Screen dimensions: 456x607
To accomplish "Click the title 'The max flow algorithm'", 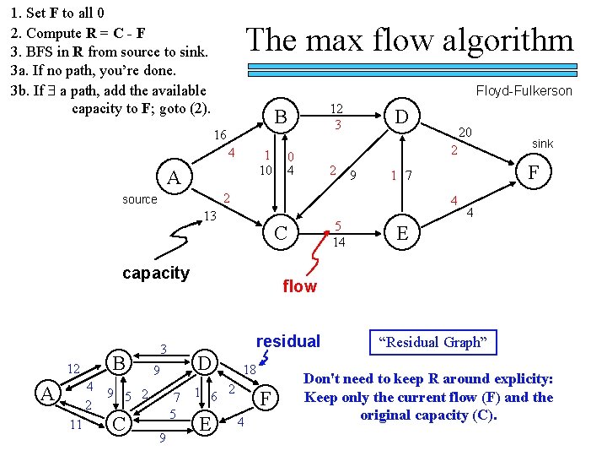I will point(409,40).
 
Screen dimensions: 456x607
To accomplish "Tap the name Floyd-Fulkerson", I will point(524,90).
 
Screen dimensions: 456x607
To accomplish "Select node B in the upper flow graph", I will point(282,117).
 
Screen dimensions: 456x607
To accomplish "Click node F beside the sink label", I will point(533,171).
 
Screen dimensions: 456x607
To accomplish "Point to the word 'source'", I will point(139,199).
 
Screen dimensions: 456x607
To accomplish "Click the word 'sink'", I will point(542,144).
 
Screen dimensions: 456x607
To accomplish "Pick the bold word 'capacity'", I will point(156,273).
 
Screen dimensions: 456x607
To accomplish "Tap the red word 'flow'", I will point(299,286).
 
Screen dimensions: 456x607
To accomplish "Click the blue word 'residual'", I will point(287,341).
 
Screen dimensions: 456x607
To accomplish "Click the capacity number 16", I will point(220,135).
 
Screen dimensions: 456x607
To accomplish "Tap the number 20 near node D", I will point(464,132).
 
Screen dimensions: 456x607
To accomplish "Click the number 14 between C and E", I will point(338,242).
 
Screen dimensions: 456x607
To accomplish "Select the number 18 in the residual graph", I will point(250,369).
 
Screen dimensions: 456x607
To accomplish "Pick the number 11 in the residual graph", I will point(76,425).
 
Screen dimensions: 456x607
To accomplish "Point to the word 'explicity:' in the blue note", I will point(516,379).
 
